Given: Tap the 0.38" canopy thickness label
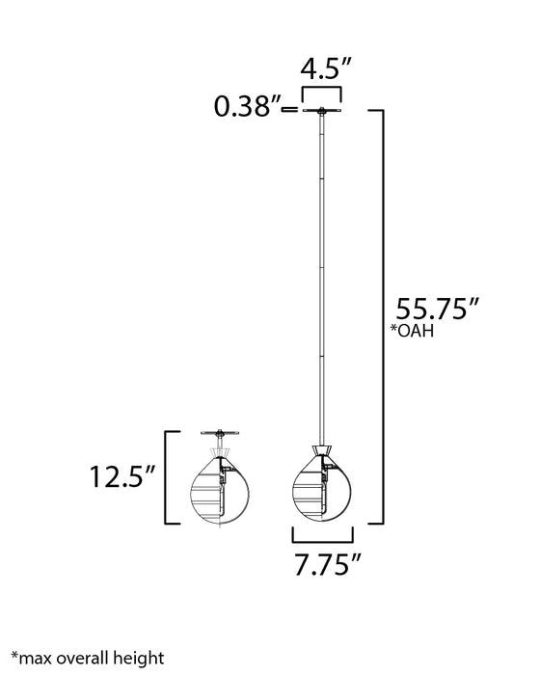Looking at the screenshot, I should pos(247,108).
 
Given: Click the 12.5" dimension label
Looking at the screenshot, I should pos(123,476).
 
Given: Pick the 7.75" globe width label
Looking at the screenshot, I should pos(322,565).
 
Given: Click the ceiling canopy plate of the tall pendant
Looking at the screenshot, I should pos(322,111).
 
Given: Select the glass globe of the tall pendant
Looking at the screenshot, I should pos(322,488).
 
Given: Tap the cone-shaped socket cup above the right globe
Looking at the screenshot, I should pos(322,450).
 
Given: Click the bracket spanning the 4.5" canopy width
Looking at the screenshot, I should pos(322,92).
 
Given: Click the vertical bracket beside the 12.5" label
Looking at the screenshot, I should pos(169,476).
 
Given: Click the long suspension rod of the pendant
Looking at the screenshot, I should pos(322,280).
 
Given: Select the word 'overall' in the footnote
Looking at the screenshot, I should pos(82,659).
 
